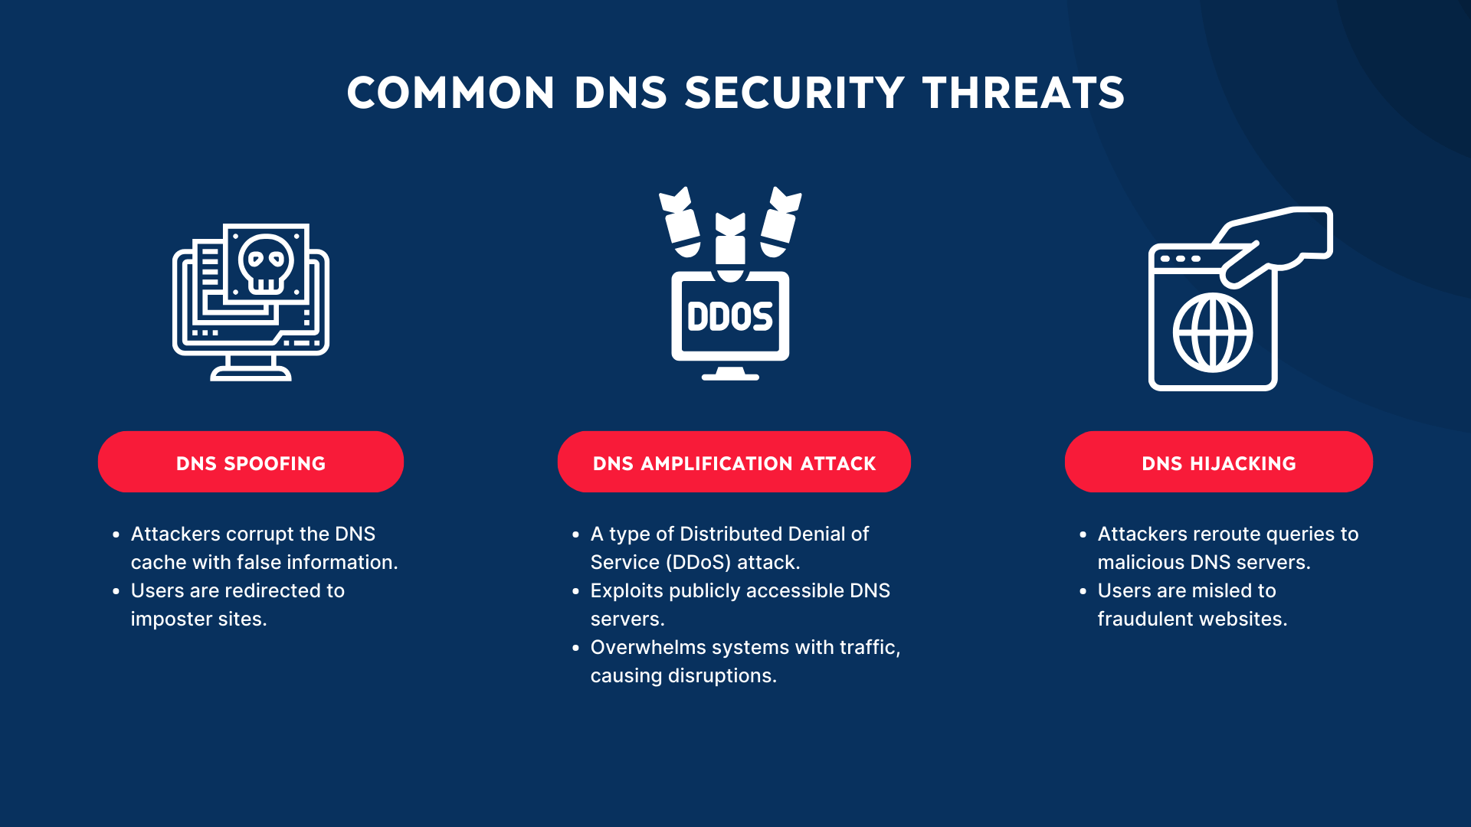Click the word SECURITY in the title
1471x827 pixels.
(794, 93)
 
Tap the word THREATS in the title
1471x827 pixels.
(1024, 93)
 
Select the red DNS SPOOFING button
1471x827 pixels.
(251, 463)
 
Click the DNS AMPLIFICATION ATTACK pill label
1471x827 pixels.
(734, 463)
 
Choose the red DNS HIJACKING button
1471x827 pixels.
(1218, 463)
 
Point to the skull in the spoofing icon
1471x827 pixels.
(266, 263)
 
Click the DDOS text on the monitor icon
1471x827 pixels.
(729, 317)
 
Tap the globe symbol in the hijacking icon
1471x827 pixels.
(1213, 333)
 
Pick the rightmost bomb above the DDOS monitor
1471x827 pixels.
(780, 222)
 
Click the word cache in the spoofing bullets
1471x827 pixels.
(159, 563)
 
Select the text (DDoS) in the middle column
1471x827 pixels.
(698, 563)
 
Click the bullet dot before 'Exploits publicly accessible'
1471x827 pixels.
(576, 591)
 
